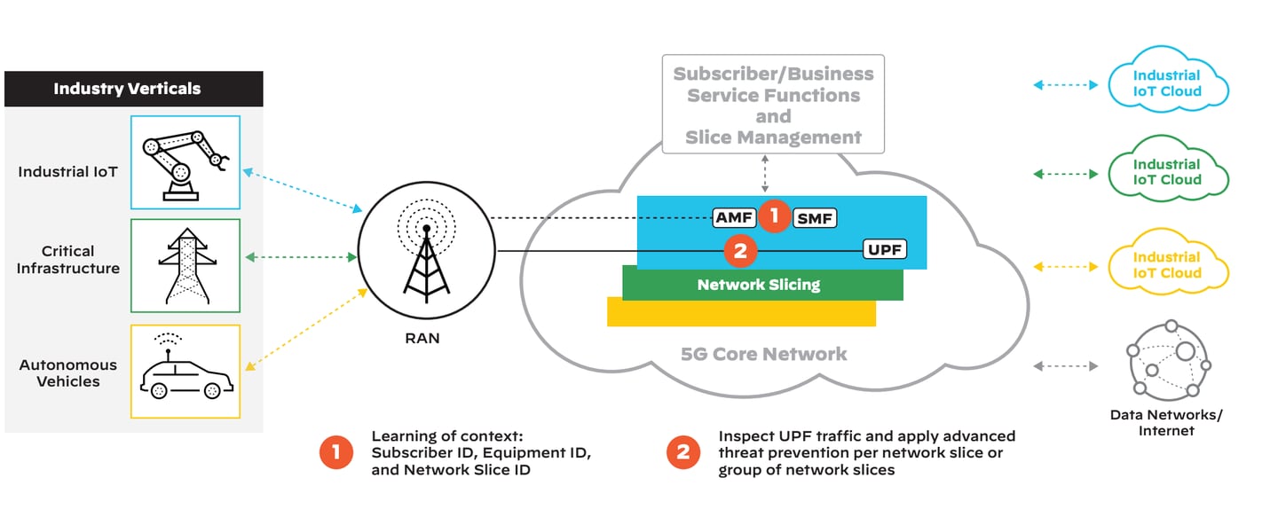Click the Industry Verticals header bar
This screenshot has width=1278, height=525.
133,89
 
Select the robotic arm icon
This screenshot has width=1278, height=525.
185,161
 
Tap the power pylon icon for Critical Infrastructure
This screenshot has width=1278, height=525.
185,266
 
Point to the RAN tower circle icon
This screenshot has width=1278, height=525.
426,257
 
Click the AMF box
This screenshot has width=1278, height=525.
736,217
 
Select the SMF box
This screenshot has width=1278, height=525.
813,217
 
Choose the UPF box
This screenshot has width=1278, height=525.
885,250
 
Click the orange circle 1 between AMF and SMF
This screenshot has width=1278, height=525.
774,215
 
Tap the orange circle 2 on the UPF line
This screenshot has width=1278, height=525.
740,252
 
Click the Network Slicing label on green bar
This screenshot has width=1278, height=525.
758,285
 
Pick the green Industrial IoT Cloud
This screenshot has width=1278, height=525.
1167,173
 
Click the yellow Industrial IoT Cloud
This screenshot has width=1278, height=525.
1167,265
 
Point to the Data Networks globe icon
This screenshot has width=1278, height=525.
1166,359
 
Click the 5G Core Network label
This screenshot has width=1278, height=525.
763,355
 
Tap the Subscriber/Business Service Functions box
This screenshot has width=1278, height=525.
773,106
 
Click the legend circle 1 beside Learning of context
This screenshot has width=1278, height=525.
336,453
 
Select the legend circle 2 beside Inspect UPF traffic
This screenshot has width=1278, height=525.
682,453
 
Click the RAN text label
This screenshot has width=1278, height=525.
423,338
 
